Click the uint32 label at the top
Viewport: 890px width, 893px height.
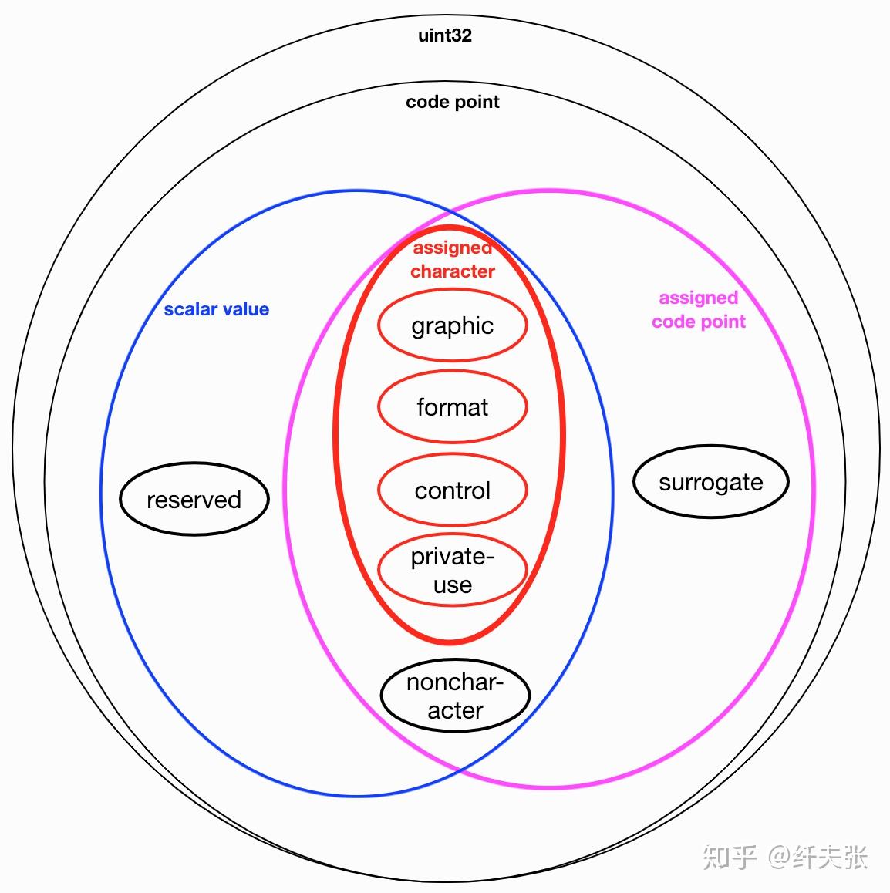[x=445, y=35]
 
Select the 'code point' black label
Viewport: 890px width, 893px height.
[x=453, y=102]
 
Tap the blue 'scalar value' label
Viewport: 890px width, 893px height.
[x=217, y=309]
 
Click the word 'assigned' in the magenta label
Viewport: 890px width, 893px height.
[x=699, y=298]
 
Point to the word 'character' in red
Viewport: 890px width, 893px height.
[x=453, y=271]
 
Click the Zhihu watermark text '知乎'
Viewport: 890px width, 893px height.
[x=730, y=857]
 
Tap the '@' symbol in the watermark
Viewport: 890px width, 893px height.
[x=780, y=857]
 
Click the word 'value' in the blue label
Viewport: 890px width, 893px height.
[x=246, y=309]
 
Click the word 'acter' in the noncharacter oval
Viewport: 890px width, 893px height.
[x=456, y=711]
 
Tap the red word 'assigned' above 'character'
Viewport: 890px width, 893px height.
[x=453, y=248]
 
